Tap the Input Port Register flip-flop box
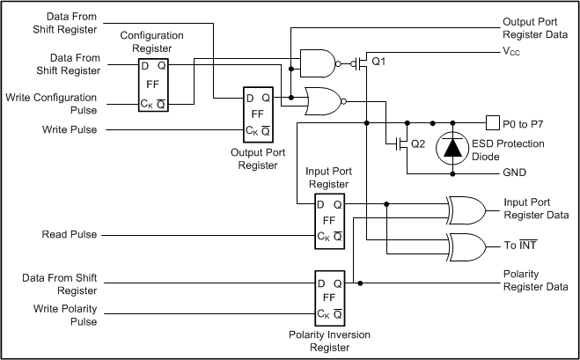pos(330,220)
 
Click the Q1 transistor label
pos(379,62)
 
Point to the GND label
pos(515,173)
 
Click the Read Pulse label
pos(70,235)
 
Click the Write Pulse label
pos(70,129)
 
